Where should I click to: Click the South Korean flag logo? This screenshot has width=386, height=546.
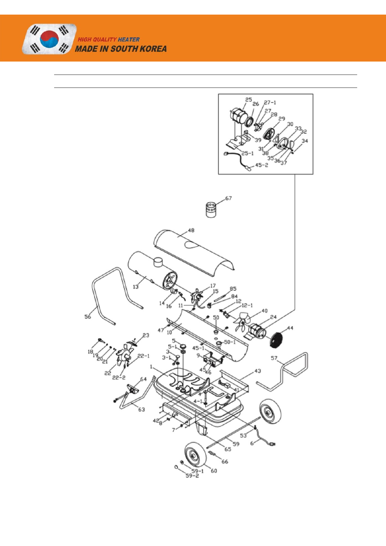click(x=49, y=39)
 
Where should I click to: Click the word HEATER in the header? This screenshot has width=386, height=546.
click(x=129, y=40)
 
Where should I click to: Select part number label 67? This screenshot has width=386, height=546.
click(x=228, y=198)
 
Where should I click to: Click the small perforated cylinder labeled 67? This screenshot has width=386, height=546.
click(x=211, y=209)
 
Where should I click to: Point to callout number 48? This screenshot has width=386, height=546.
click(x=191, y=230)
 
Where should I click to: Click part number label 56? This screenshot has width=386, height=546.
click(x=88, y=317)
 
